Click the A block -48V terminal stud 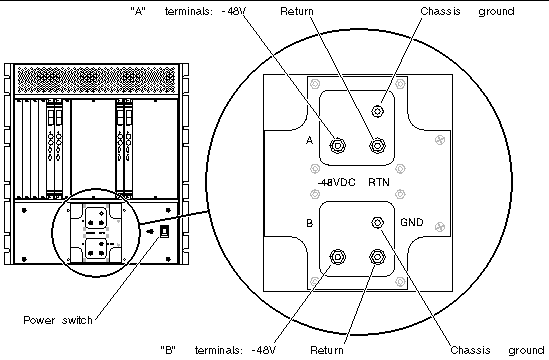[x=338, y=145]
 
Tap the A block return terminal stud [x=377, y=145]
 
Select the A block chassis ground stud [x=377, y=112]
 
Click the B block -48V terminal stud [x=338, y=257]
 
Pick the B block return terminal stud [x=377, y=257]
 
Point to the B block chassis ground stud [x=377, y=222]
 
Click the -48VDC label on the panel [x=336, y=182]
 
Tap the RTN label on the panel [x=379, y=182]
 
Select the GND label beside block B [x=412, y=222]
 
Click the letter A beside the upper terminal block [x=309, y=140]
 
